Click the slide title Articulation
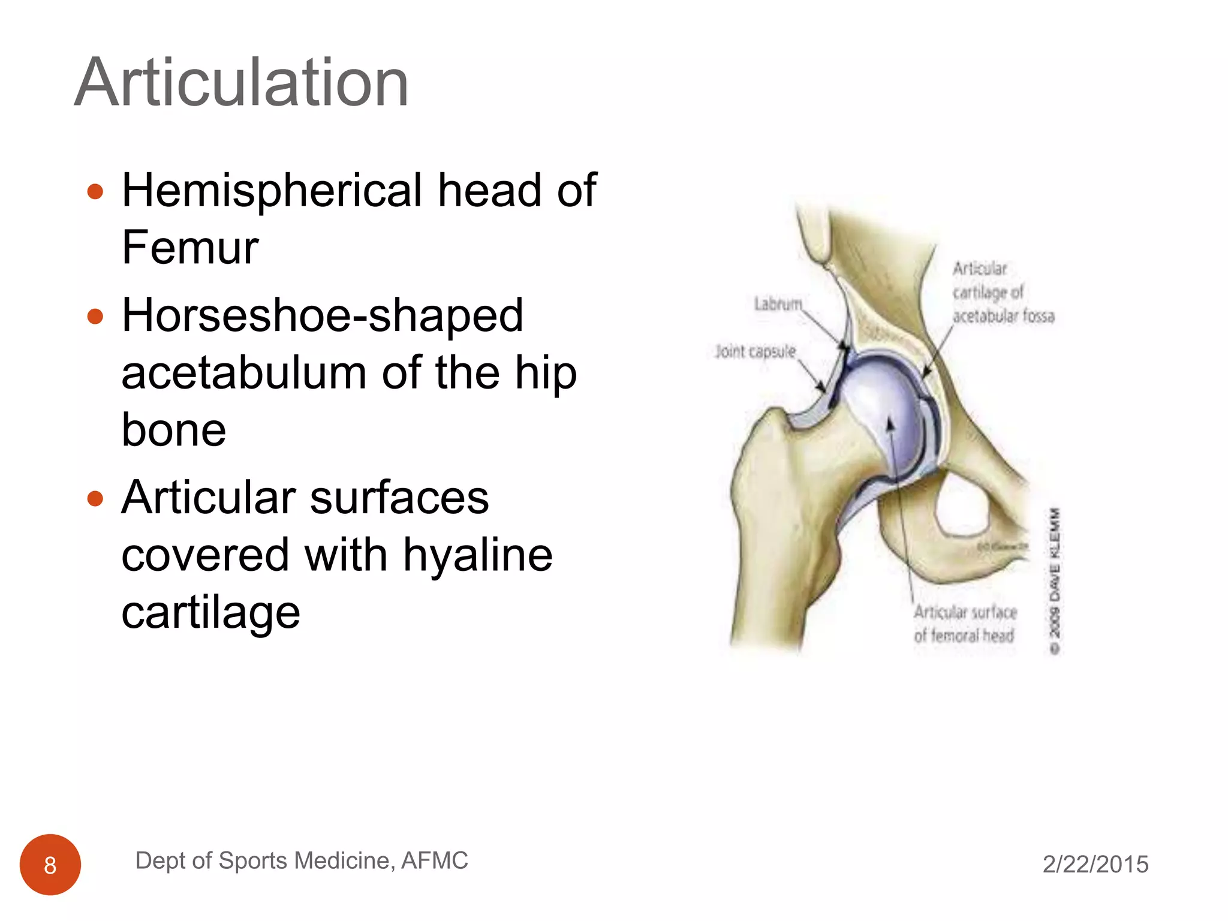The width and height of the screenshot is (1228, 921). (x=241, y=83)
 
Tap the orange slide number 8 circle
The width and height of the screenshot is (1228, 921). (x=50, y=865)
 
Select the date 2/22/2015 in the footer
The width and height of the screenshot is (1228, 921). (x=1095, y=864)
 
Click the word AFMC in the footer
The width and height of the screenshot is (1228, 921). (x=434, y=860)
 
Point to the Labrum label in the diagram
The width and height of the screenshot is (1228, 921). (x=778, y=304)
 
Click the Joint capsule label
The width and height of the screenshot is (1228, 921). (x=755, y=351)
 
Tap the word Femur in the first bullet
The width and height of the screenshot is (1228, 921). (x=189, y=247)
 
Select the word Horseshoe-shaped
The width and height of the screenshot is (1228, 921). (x=322, y=315)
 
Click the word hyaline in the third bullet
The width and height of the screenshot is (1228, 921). (x=477, y=555)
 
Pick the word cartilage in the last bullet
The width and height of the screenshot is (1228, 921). (x=210, y=612)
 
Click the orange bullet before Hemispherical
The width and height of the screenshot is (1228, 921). (x=95, y=192)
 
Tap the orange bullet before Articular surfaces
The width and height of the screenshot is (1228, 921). (x=95, y=498)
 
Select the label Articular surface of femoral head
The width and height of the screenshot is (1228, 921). (x=965, y=624)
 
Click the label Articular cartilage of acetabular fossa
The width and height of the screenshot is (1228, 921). (x=1003, y=292)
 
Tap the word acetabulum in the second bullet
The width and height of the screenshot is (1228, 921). (x=243, y=373)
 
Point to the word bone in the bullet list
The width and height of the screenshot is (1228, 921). (x=174, y=430)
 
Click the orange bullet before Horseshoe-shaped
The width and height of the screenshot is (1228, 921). (x=95, y=317)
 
